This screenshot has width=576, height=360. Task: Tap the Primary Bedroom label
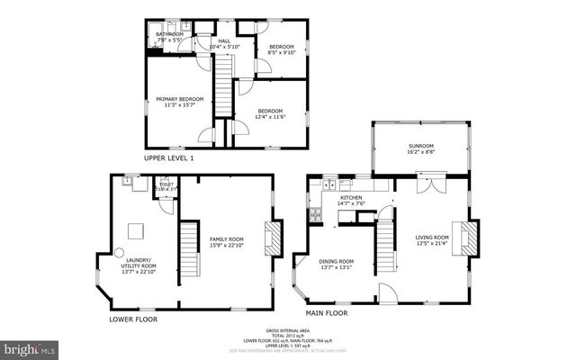pyautogui.click(x=179, y=102)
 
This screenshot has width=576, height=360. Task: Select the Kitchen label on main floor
pyautogui.click(x=351, y=200)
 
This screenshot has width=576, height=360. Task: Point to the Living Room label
pyautogui.click(x=432, y=240)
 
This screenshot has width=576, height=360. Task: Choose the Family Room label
pyautogui.click(x=225, y=242)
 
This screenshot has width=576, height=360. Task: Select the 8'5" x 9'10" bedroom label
pyautogui.click(x=281, y=49)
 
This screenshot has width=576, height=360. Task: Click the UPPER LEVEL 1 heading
pyautogui.click(x=168, y=157)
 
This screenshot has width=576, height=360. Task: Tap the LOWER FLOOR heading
pyautogui.click(x=133, y=319)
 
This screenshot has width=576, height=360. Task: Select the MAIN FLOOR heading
pyautogui.click(x=327, y=314)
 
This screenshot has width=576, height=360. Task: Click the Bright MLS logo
pyautogui.click(x=29, y=346)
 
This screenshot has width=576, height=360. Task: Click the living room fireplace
pyautogui.click(x=467, y=239)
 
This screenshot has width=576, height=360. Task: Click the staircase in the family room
pyautogui.click(x=188, y=252)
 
